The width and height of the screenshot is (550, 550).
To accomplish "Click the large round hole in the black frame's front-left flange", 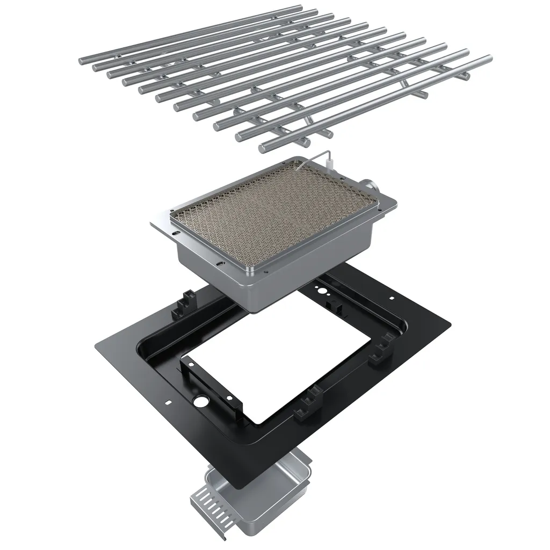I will [202, 402].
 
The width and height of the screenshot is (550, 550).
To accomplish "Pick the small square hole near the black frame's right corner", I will [392, 298].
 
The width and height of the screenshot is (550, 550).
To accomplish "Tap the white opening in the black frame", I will [285, 371].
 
